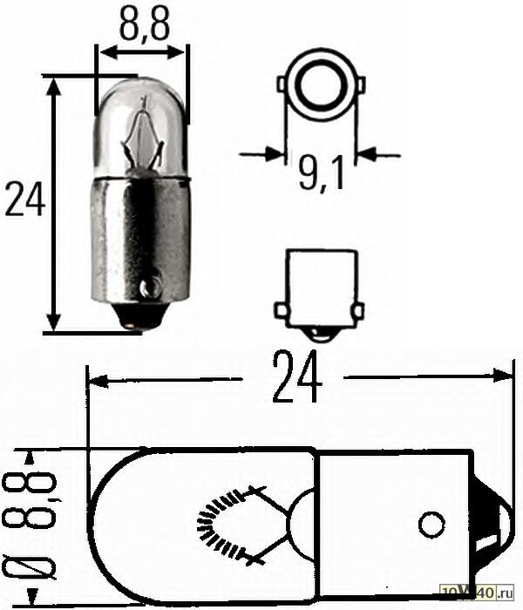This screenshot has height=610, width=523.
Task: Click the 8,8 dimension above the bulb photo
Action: click(x=142, y=25)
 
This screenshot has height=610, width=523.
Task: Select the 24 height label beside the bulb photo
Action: click(x=25, y=200)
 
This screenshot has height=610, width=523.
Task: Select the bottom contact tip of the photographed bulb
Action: click(x=132, y=326)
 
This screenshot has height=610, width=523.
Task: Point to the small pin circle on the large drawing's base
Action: click(x=431, y=525)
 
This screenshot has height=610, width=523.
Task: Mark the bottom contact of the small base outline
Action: click(x=320, y=333)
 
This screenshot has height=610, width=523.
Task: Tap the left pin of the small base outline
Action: click(x=280, y=310)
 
